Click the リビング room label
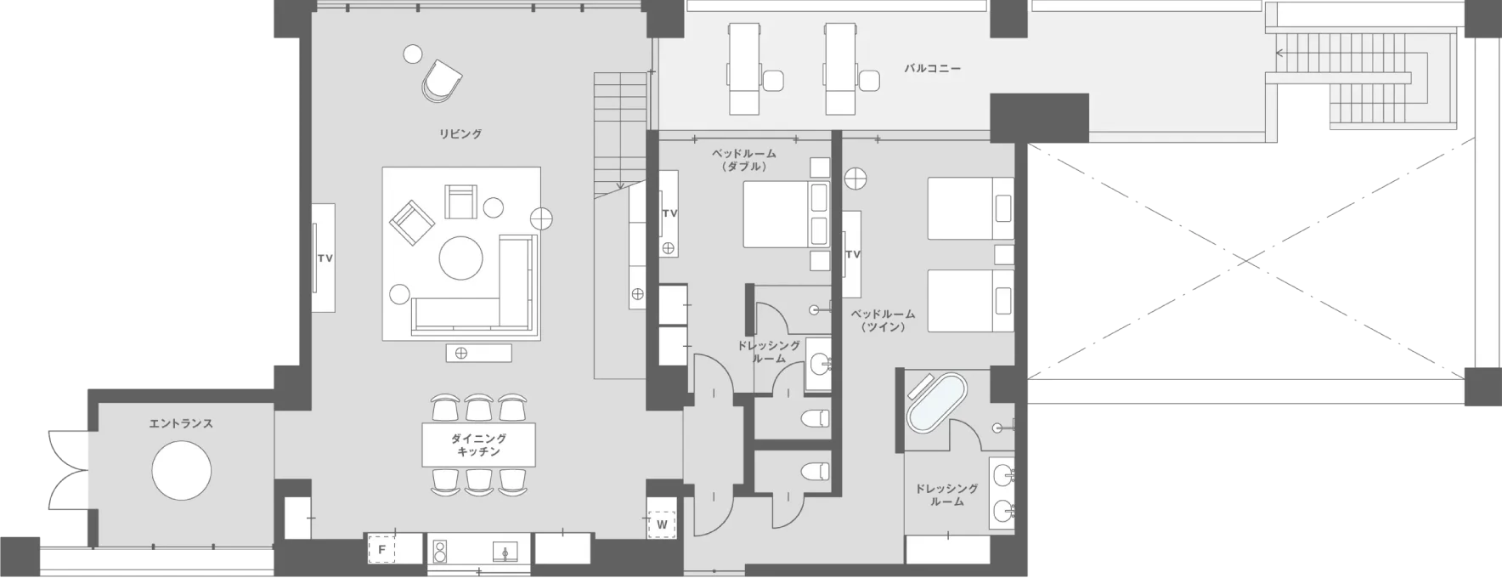(x=460, y=133)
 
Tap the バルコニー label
(x=933, y=67)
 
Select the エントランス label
(x=181, y=423)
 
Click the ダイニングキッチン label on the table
(x=479, y=445)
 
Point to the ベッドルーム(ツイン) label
(x=883, y=320)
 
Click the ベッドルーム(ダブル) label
(x=744, y=160)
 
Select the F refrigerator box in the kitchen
(x=382, y=550)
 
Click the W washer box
(x=662, y=524)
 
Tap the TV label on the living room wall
(x=325, y=258)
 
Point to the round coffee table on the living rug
(x=461, y=257)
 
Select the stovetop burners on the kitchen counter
(x=441, y=551)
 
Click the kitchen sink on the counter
(x=505, y=552)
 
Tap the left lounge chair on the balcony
(x=744, y=69)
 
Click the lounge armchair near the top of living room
(x=442, y=80)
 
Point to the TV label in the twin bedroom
(x=853, y=254)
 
